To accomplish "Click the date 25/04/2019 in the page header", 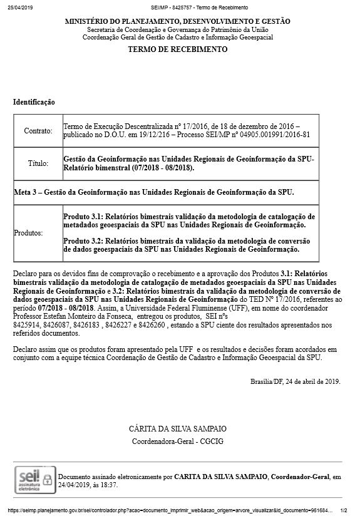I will point(19,8).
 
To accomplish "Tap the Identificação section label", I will point(34,101).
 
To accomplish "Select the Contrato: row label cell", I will point(38,132).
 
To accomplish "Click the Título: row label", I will point(38,164).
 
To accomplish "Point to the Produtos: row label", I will point(28,232).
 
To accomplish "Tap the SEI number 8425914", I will point(27,326).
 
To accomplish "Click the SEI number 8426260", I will point(150,326).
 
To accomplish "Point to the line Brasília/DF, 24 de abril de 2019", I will point(295,381).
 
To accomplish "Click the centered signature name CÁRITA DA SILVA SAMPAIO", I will point(177,429).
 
